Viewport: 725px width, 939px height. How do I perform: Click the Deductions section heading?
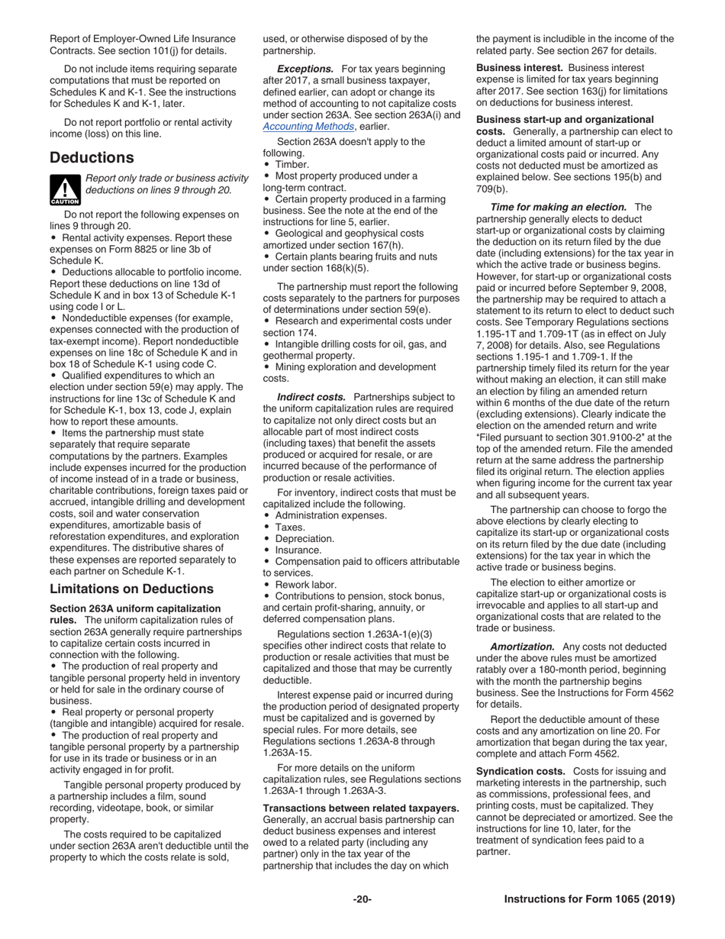click(x=92, y=158)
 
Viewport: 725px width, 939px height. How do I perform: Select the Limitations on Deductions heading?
click(x=131, y=589)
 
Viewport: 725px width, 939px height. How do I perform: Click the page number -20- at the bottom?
click(x=362, y=899)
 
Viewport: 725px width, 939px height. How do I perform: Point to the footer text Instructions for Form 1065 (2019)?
click(x=589, y=899)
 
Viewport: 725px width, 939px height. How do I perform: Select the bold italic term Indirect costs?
click(x=311, y=397)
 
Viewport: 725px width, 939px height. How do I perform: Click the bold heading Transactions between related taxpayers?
click(x=361, y=808)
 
